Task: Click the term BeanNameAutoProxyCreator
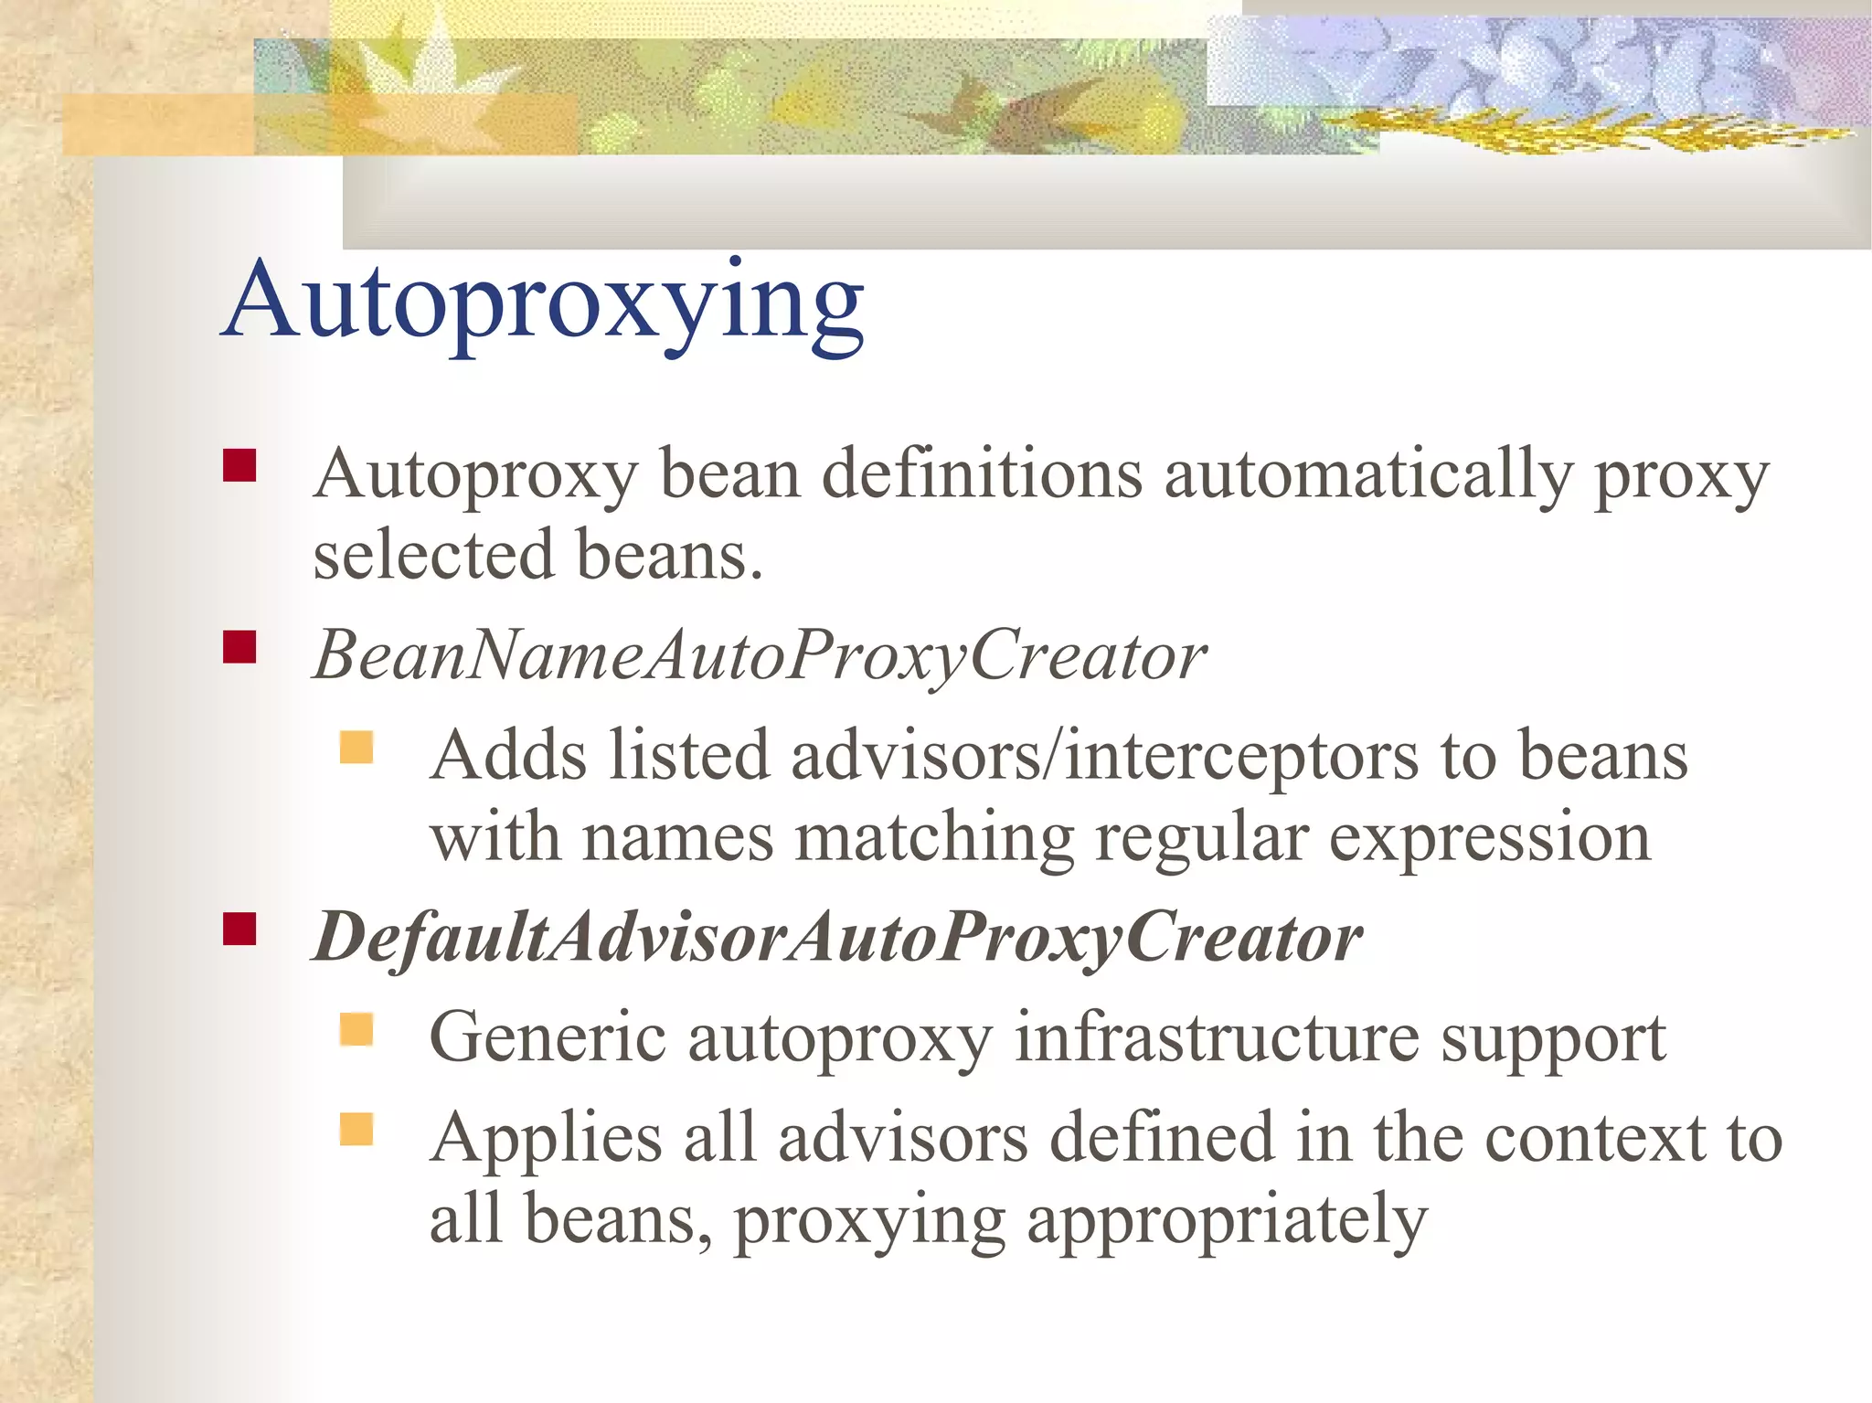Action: point(760,655)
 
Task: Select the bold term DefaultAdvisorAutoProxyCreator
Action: point(837,938)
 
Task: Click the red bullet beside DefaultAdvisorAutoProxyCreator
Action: point(239,930)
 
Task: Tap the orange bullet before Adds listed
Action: point(356,747)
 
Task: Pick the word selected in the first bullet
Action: point(433,555)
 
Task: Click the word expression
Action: point(1489,838)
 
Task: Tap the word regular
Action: point(1201,838)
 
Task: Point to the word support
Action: point(1553,1040)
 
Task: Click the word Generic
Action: point(548,1038)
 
